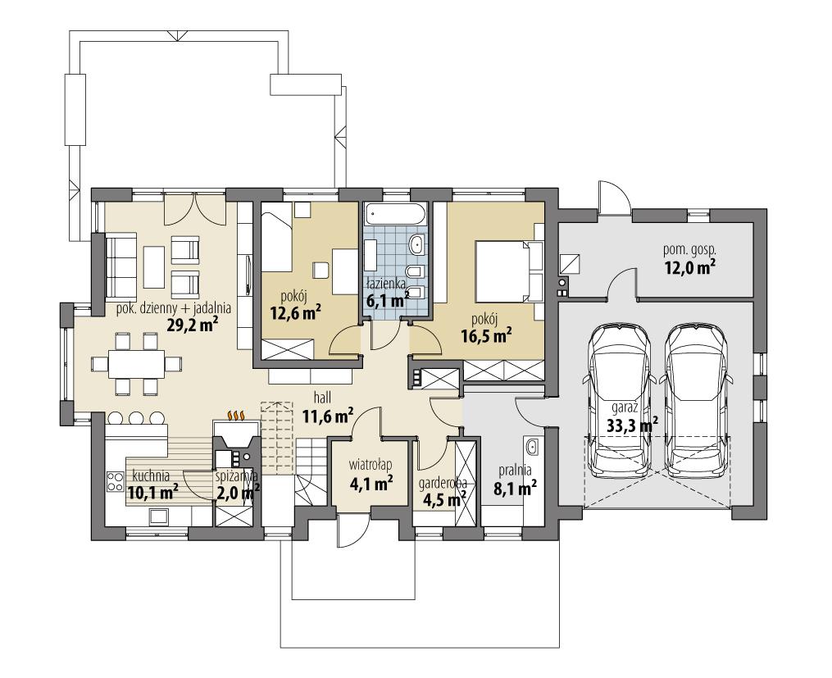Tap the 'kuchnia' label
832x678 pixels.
(x=150, y=475)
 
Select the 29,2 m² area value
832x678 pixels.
(x=193, y=324)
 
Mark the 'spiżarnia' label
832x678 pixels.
(x=237, y=475)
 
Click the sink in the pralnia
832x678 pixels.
(x=532, y=447)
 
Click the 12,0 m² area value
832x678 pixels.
(x=689, y=266)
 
